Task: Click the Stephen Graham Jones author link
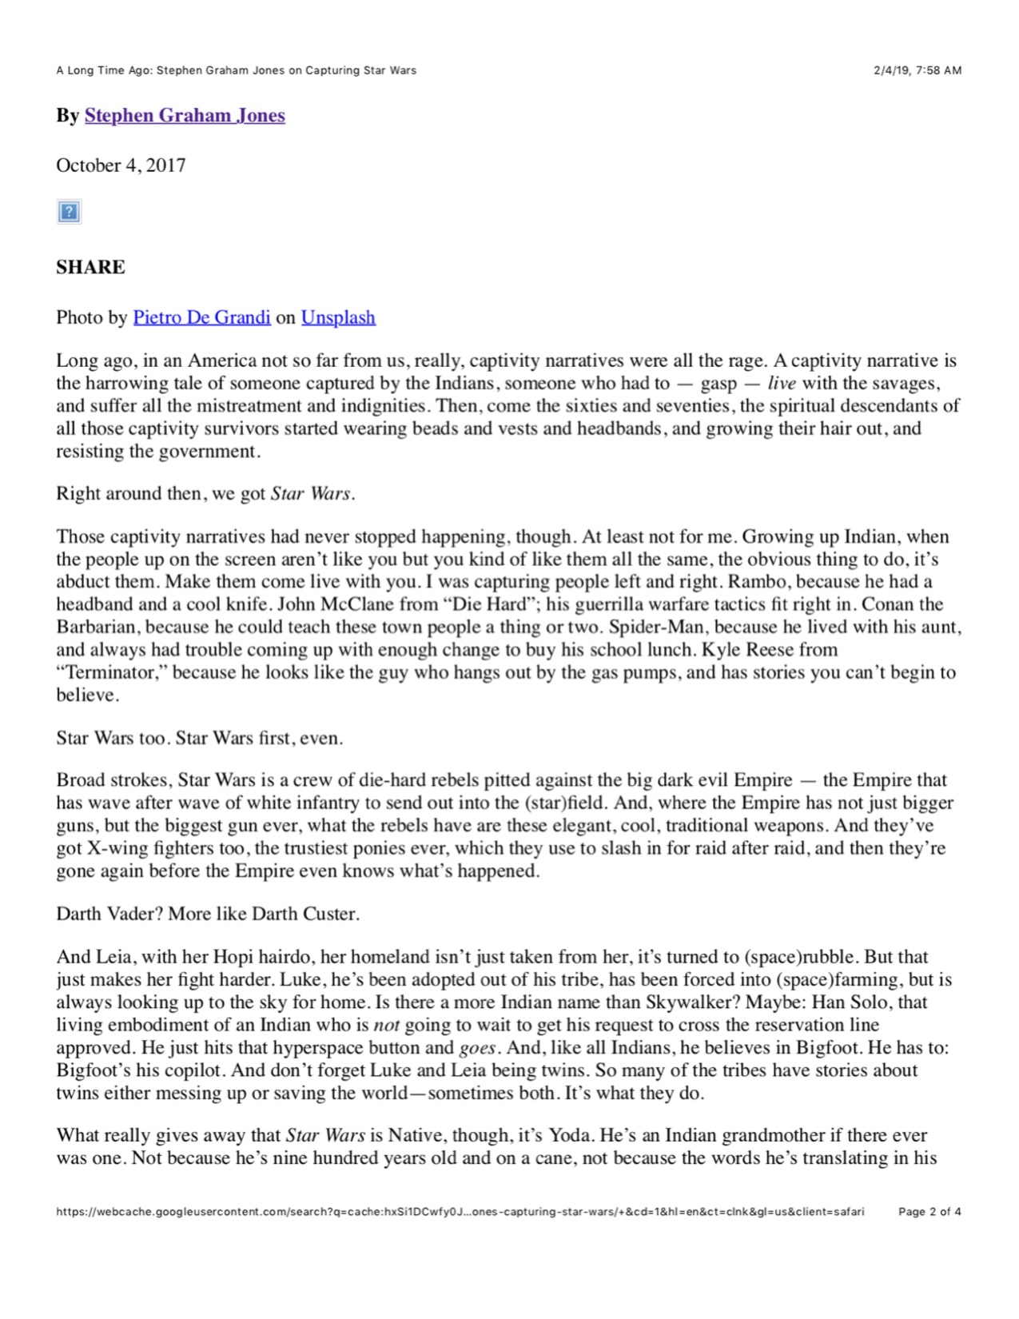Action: [185, 115]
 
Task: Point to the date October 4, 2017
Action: [121, 165]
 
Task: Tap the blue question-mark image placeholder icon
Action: [69, 212]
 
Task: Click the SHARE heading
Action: [90, 267]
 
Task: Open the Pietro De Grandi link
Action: [201, 317]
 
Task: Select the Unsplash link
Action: [338, 317]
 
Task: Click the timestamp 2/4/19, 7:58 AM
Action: [917, 70]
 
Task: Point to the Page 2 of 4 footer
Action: [929, 1211]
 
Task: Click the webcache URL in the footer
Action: [460, 1211]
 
